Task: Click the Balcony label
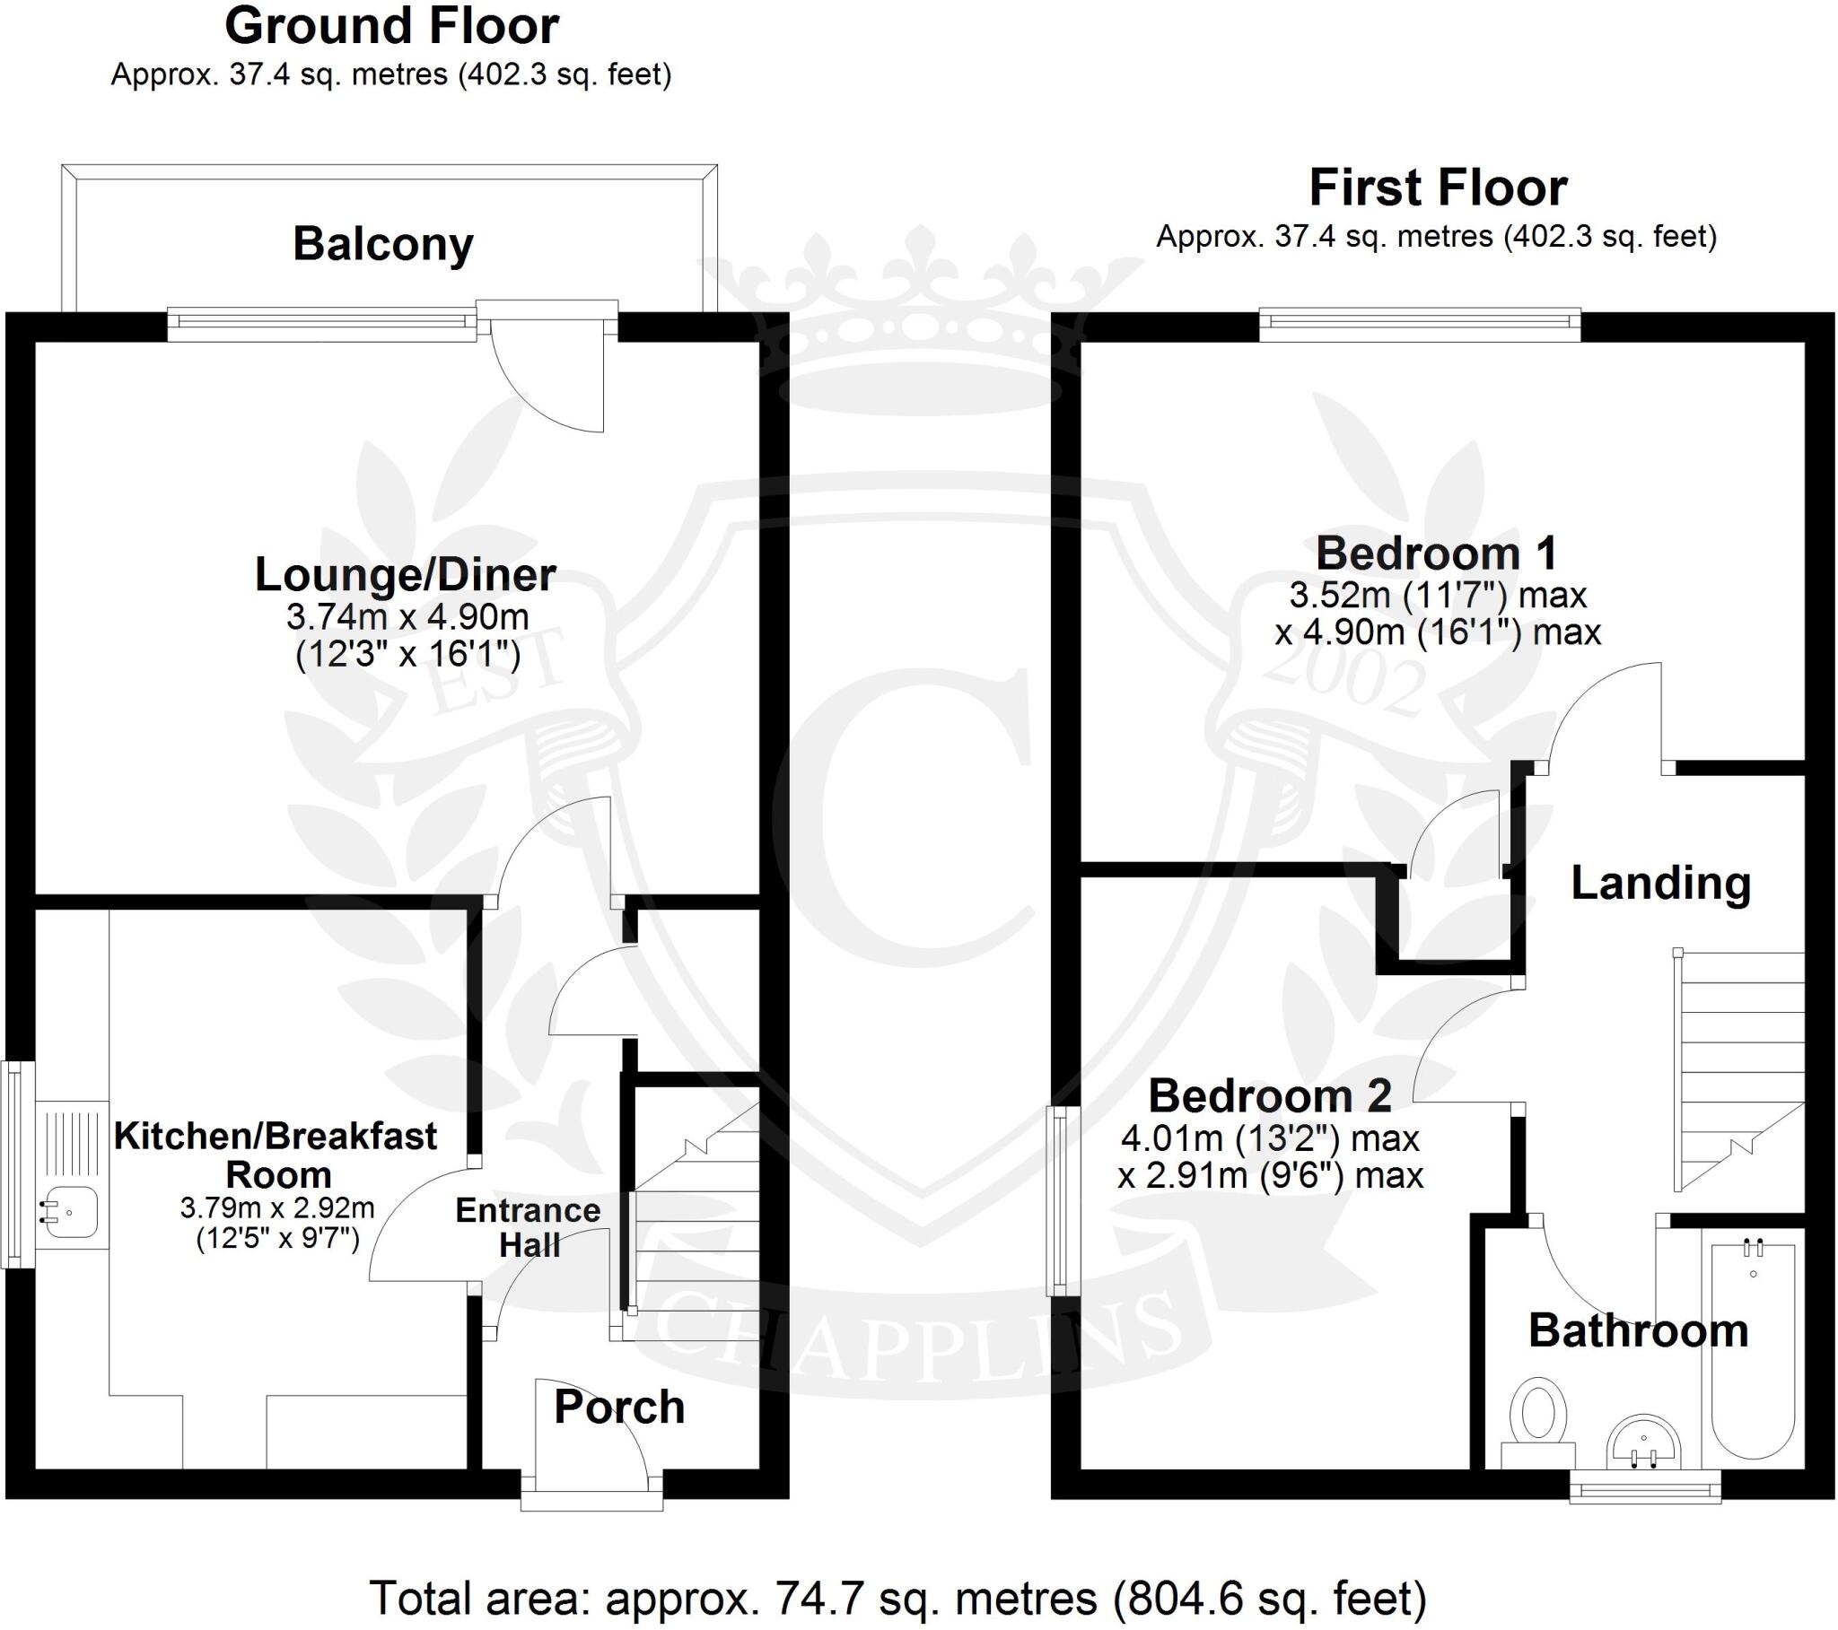pyautogui.click(x=383, y=245)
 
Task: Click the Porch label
pyautogui.click(x=618, y=1407)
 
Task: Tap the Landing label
pyautogui.click(x=1660, y=883)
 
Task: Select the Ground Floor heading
pyautogui.click(x=391, y=26)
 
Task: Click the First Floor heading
pyautogui.click(x=1437, y=187)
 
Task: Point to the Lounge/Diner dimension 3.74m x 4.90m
pyautogui.click(x=407, y=617)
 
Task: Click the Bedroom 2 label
pyautogui.click(x=1270, y=1096)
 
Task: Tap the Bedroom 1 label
pyautogui.click(x=1436, y=553)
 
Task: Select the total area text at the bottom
pyautogui.click(x=897, y=1598)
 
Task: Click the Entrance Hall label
pyautogui.click(x=529, y=1228)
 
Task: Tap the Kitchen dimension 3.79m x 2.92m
pyautogui.click(x=278, y=1207)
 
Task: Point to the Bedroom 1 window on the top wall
pyautogui.click(x=1420, y=326)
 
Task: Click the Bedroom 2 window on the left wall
pyautogui.click(x=1063, y=1200)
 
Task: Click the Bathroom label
pyautogui.click(x=1638, y=1330)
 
